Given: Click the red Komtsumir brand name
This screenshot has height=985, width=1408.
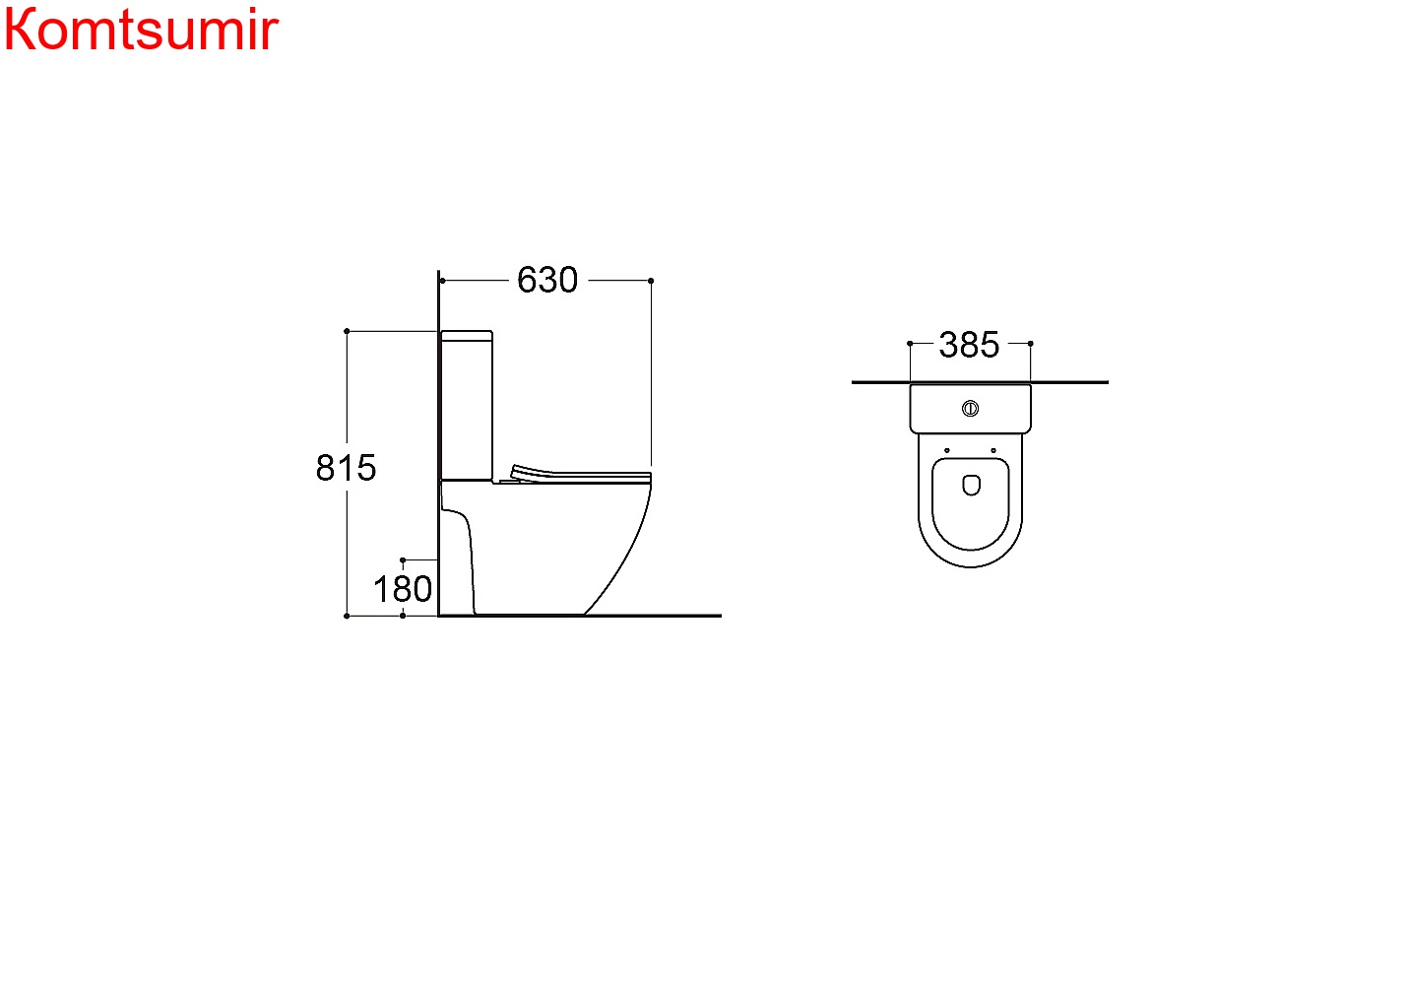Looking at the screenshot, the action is pyautogui.click(x=141, y=29).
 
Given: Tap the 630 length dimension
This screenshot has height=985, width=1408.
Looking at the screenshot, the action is pyautogui.click(x=546, y=280).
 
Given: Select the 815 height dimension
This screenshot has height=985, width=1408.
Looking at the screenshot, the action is pyautogui.click(x=346, y=468).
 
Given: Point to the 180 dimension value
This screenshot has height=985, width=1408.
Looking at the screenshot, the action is pyautogui.click(x=403, y=589).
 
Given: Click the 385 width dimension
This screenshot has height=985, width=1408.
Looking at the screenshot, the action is pyautogui.click(x=969, y=345).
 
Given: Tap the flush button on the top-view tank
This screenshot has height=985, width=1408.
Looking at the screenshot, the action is pyautogui.click(x=970, y=409).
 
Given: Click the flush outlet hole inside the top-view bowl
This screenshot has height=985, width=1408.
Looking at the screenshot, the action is pyautogui.click(x=971, y=485).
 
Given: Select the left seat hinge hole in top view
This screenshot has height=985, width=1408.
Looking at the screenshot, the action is pyautogui.click(x=946, y=450).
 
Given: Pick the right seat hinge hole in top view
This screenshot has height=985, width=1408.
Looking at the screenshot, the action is pyautogui.click(x=993, y=450).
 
